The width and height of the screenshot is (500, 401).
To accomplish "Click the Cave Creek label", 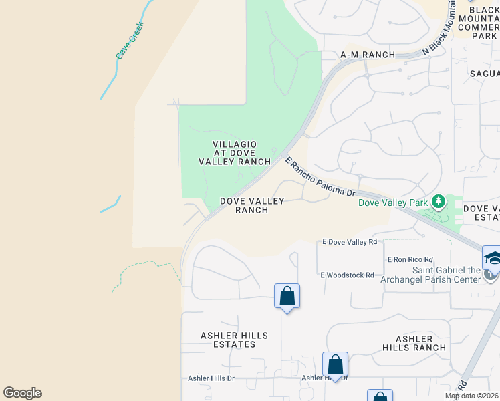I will coord(130,45).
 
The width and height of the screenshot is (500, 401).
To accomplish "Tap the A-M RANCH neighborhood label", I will coord(368,55).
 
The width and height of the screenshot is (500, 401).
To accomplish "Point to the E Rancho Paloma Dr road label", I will coord(320,177).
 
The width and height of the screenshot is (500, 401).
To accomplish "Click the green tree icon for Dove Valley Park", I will coord(439,200).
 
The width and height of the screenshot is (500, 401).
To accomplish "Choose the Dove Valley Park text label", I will coord(393,203).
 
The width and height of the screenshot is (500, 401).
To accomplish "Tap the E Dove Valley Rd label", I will coord(350,241).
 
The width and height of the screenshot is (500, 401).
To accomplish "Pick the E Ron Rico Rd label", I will coord(410,259).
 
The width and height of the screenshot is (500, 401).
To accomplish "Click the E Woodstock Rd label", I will coord(347,275).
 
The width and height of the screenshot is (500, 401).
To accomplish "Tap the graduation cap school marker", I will coord(492,258).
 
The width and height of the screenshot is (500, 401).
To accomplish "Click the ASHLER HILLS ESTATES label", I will coord(234,340).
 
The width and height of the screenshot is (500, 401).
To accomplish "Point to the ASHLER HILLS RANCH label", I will coord(414,343).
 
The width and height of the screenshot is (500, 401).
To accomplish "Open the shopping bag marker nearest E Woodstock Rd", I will coord(287,296).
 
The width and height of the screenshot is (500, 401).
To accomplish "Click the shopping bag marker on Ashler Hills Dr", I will coord(335,365).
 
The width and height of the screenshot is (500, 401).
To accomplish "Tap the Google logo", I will coord(22,393).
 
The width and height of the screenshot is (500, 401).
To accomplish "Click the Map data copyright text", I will coord(471,396).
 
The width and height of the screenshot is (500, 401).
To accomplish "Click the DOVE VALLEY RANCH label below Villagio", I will coord(252,205).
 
